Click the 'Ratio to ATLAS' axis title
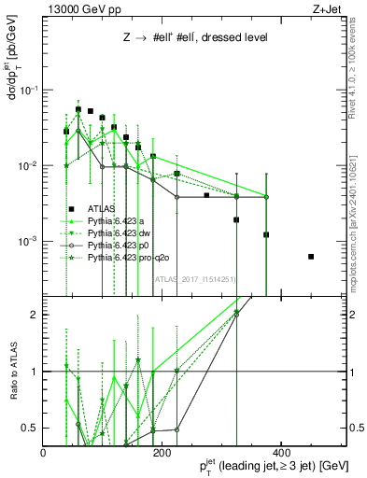point(13,373)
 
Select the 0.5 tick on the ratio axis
point(33,429)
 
